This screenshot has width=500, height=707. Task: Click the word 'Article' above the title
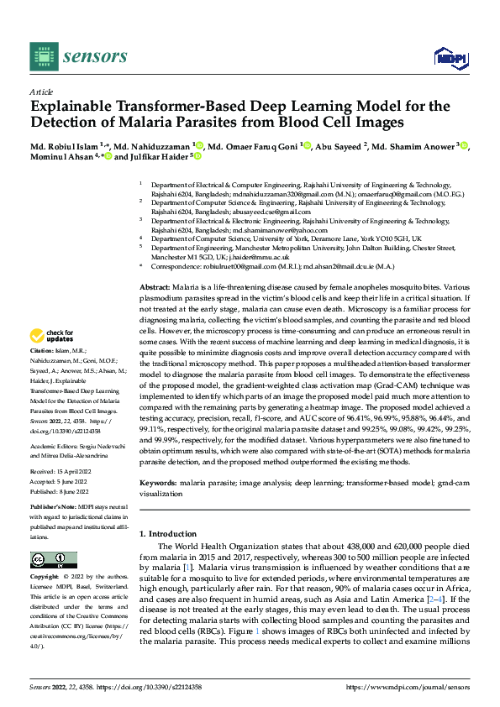pyautogui.click(x=40, y=92)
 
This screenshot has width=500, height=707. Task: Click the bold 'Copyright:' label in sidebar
pyautogui.click(x=44, y=577)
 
